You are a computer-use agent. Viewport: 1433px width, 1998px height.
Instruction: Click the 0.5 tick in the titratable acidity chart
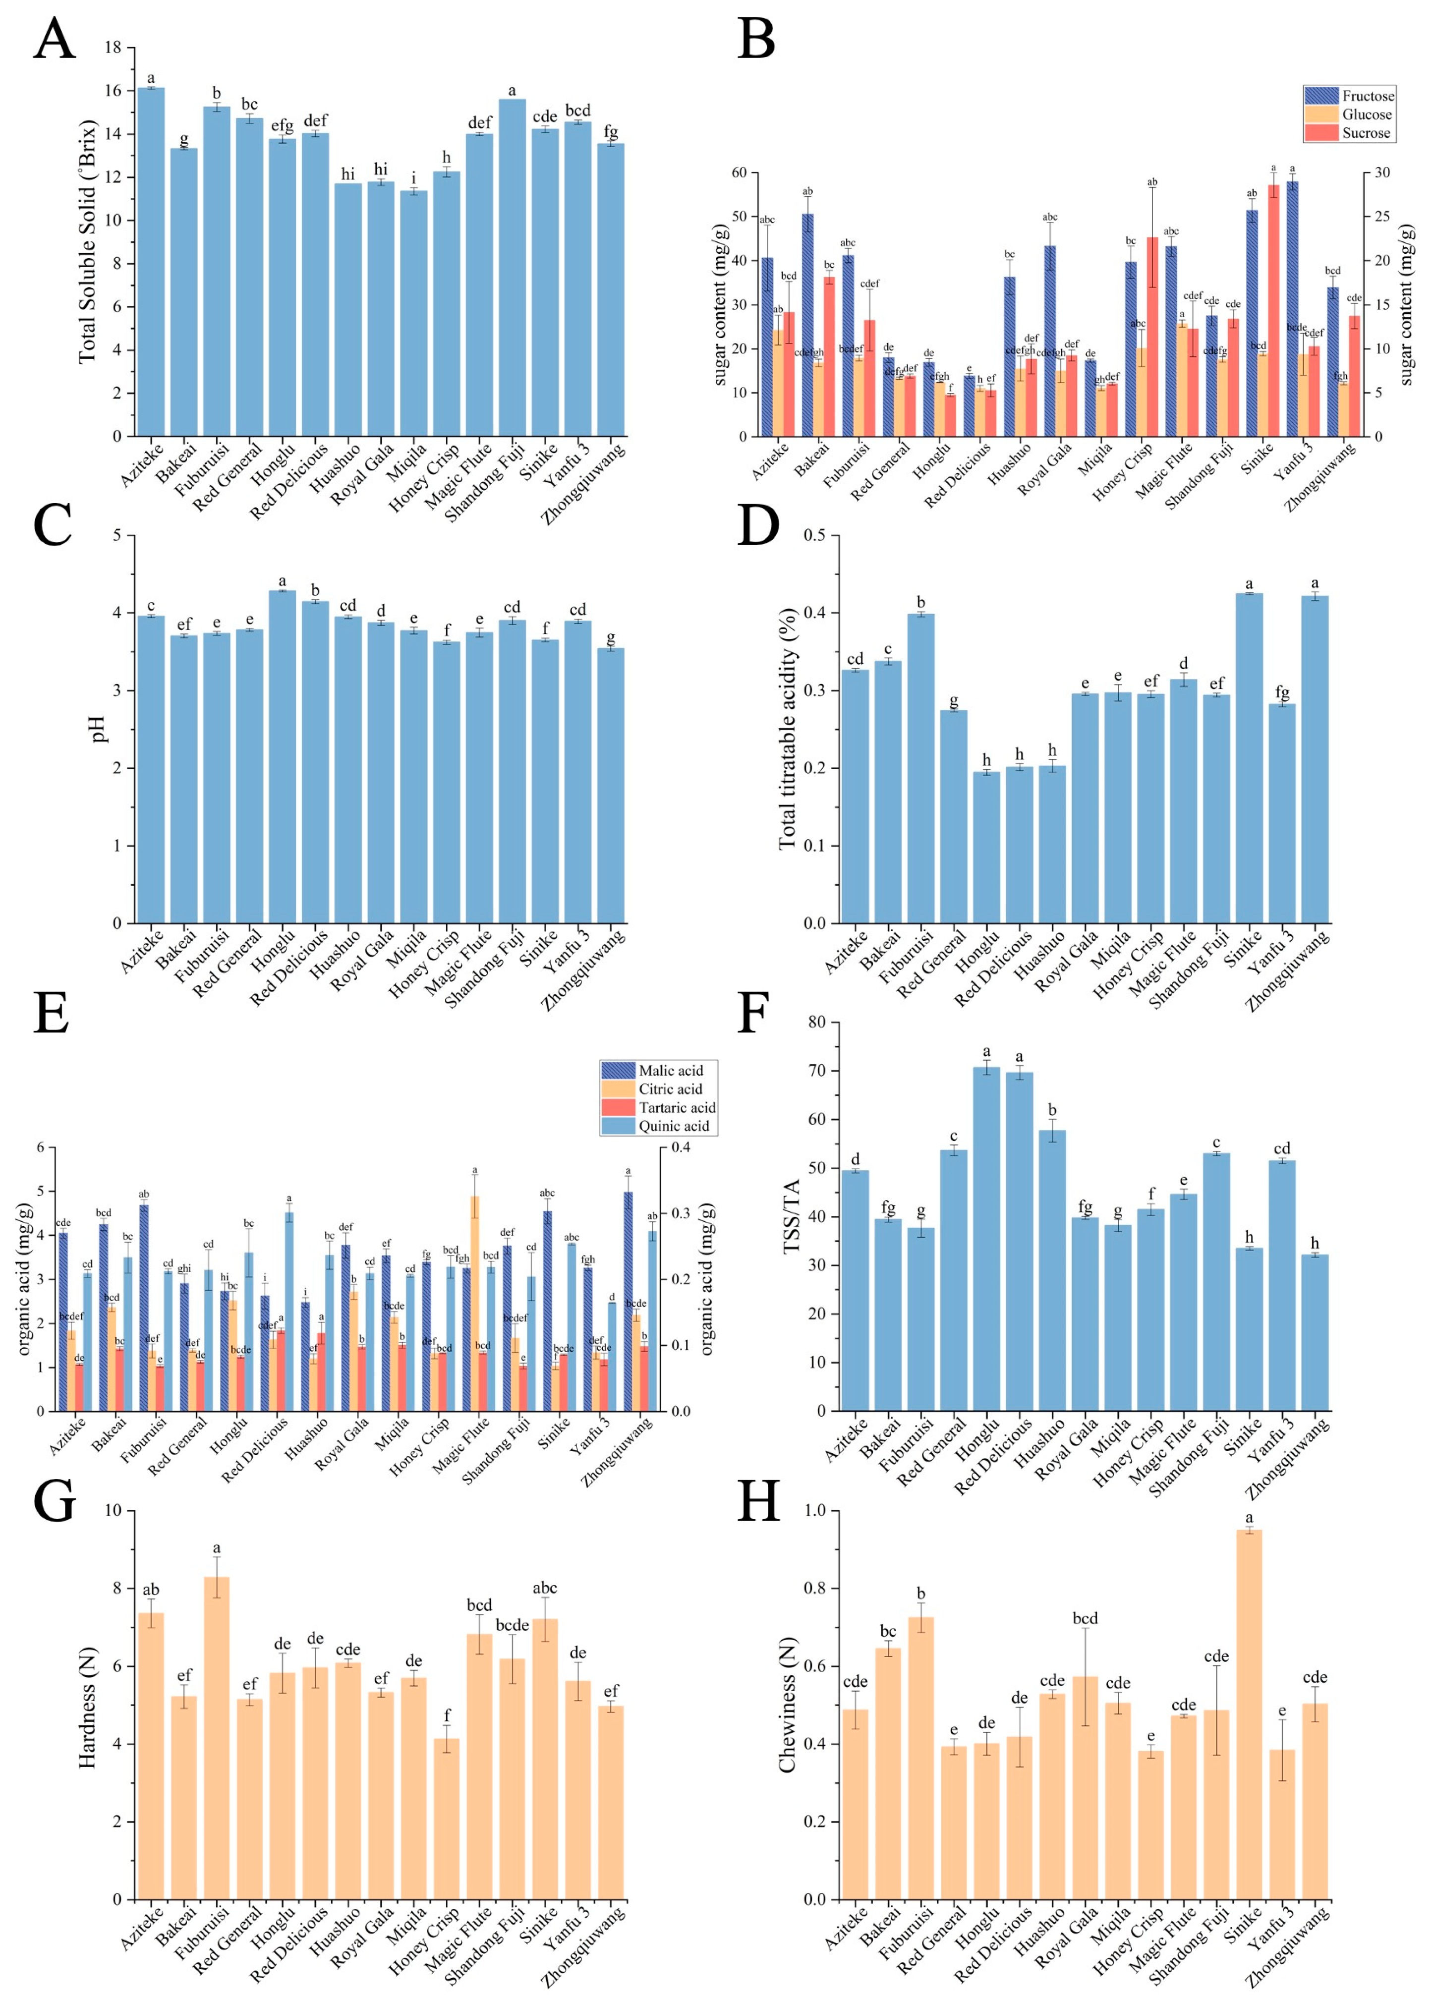[814, 536]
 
